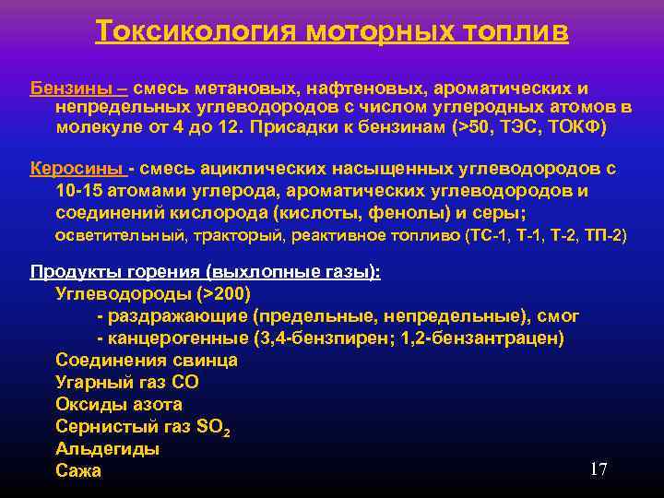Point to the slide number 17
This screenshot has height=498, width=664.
pyautogui.click(x=599, y=470)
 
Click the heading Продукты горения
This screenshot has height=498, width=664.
pyautogui.click(x=115, y=272)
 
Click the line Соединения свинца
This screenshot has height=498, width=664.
pyautogui.click(x=147, y=361)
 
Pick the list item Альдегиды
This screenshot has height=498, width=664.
pyautogui.click(x=107, y=449)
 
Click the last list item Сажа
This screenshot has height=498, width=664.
pyautogui.click(x=78, y=471)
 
